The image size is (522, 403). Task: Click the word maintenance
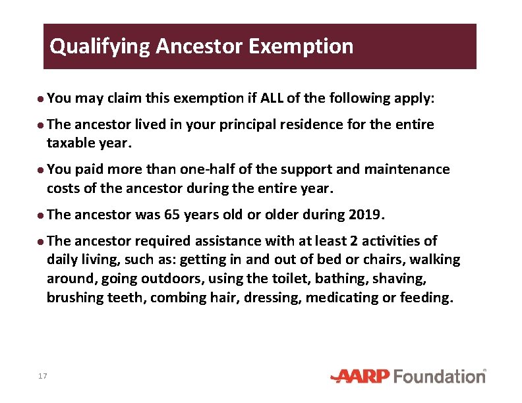pyautogui.click(x=409, y=169)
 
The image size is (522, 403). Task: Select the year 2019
pyautogui.click(x=362, y=215)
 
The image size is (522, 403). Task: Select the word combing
pyautogui.click(x=173, y=297)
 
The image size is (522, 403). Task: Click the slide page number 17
pyautogui.click(x=43, y=376)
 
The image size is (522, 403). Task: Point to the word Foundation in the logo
pyautogui.click(x=440, y=376)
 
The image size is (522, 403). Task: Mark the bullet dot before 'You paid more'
pyautogui.click(x=41, y=170)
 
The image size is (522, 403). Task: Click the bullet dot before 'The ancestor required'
pyautogui.click(x=41, y=242)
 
